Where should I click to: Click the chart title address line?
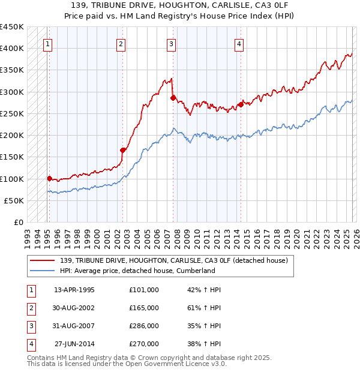pyautogui.click(x=180, y=5)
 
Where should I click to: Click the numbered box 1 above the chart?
pyautogui.click(x=47, y=43)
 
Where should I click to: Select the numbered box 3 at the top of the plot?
pyautogui.click(x=171, y=43)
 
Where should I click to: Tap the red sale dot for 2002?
pyautogui.click(x=122, y=151)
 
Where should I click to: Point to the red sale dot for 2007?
pyautogui.click(x=173, y=97)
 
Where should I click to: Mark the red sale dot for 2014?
pyautogui.click(x=241, y=104)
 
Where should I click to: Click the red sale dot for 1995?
pyautogui.click(x=49, y=178)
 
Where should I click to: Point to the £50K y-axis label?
pyautogui.click(x=14, y=200)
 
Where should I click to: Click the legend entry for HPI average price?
pyautogui.click(x=137, y=271)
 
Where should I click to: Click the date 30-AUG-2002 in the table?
pyautogui.click(x=74, y=308)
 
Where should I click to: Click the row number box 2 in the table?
pyautogui.click(x=31, y=308)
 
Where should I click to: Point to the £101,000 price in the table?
pyautogui.click(x=144, y=290)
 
